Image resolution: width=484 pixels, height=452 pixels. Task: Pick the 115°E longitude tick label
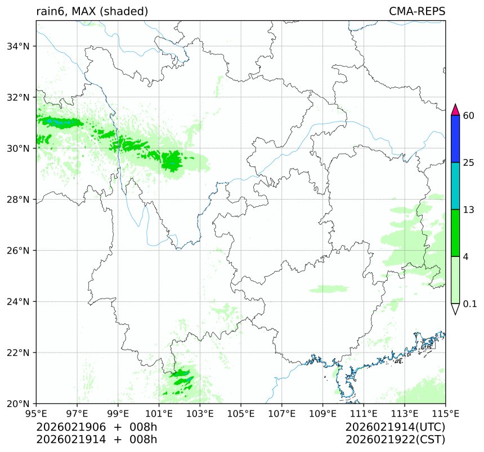[x=446, y=414]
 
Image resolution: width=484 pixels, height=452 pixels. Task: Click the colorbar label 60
[x=468, y=116]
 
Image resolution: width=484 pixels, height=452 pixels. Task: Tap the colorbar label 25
[x=468, y=163]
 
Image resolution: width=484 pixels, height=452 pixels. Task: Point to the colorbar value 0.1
[x=470, y=304]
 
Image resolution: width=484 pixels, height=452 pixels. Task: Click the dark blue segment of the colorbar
[x=456, y=139]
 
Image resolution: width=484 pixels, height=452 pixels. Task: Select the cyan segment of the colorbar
[x=456, y=186]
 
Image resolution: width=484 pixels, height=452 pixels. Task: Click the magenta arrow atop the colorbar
[x=456, y=109]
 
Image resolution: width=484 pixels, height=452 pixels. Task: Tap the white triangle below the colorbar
[x=456, y=309]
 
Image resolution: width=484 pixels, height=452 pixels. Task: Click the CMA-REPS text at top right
[x=417, y=11]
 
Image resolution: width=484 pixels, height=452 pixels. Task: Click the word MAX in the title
[x=84, y=11]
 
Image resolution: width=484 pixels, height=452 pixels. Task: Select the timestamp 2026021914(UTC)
[x=396, y=427]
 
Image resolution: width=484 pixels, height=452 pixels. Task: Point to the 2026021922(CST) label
[x=396, y=439]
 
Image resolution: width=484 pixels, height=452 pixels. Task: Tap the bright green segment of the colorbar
[x=456, y=233]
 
